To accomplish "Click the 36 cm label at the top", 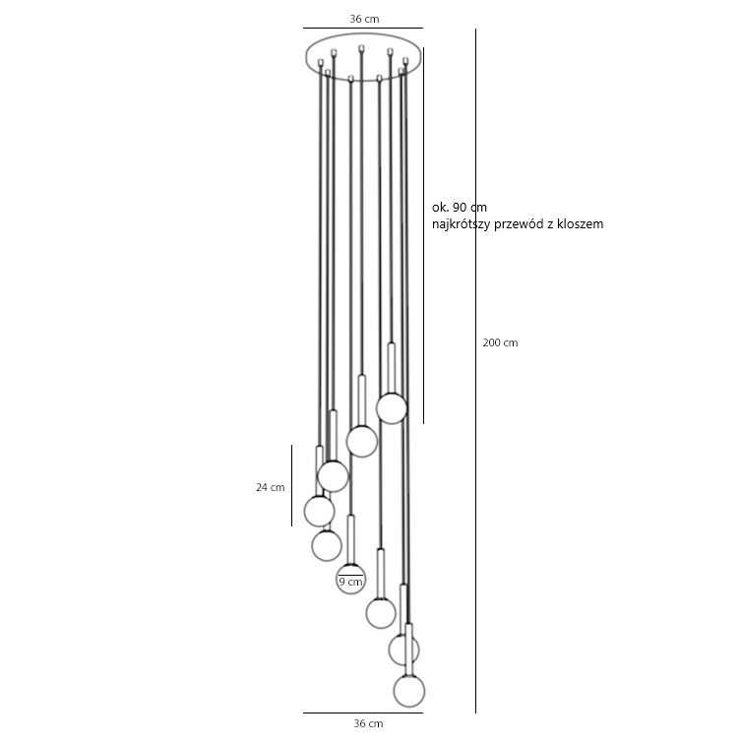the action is click(364, 19).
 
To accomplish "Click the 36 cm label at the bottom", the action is click(368, 723).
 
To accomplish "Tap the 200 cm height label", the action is click(500, 342).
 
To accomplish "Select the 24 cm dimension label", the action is click(271, 487).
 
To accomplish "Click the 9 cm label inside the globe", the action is click(350, 582).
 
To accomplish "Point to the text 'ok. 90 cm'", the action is click(460, 208).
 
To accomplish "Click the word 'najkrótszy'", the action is click(461, 224).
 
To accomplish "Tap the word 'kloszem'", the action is click(583, 224).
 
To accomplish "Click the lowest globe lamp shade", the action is click(409, 691).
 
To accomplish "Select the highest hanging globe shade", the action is click(392, 408).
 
